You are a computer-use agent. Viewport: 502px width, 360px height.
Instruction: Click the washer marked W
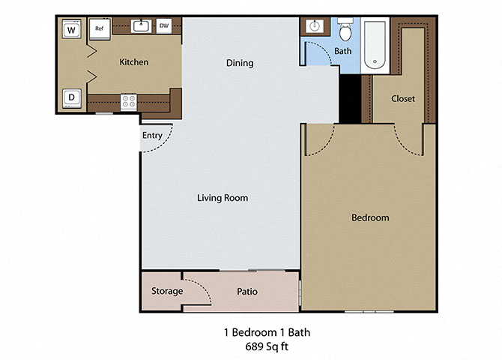pos(71,30)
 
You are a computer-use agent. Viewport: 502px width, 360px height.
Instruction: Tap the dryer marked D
pos(71,97)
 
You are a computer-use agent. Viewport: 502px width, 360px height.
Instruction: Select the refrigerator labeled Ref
pos(99,29)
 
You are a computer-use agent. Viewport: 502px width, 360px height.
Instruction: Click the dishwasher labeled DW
pos(163,26)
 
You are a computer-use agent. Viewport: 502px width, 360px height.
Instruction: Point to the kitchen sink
pos(140,26)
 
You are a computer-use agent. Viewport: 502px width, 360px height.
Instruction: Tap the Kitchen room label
pos(134,62)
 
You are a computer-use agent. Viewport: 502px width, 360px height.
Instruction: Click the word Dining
pos(240,63)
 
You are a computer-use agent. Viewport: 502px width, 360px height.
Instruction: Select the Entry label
pos(152,136)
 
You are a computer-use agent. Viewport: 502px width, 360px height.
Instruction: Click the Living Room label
pos(223,198)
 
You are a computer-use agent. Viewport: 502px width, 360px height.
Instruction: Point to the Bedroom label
pos(370,217)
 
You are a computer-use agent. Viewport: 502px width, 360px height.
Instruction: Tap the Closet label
pos(403,99)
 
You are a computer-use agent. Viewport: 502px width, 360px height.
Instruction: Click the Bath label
pos(342,52)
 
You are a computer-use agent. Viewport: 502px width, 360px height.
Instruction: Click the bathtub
pos(375,45)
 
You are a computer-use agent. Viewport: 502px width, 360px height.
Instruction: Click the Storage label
pos(167,291)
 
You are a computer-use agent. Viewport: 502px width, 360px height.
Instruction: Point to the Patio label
pos(248,291)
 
